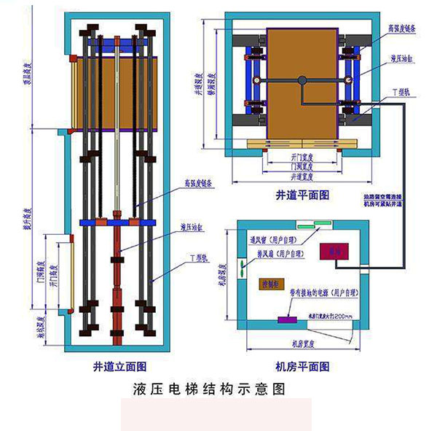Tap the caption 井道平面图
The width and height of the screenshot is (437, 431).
(303, 195)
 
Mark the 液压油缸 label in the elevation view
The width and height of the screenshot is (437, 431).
(192, 228)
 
